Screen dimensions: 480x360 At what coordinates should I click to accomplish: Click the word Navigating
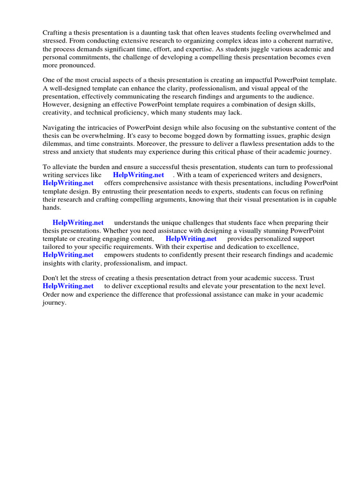[x=59, y=127]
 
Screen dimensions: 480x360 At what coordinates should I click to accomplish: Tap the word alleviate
[x=64, y=167]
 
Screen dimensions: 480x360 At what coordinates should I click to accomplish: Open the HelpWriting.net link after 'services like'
[x=138, y=175]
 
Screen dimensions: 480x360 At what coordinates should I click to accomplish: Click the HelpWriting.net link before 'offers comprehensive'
[x=68, y=183]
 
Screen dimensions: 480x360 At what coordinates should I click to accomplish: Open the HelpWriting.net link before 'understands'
[x=78, y=223]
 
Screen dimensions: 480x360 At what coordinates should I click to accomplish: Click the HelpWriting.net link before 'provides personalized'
[x=191, y=239]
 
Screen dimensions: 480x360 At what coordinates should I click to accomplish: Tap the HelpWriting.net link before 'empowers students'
[x=68, y=255]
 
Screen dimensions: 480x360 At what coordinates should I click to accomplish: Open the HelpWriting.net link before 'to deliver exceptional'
[x=68, y=286]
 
